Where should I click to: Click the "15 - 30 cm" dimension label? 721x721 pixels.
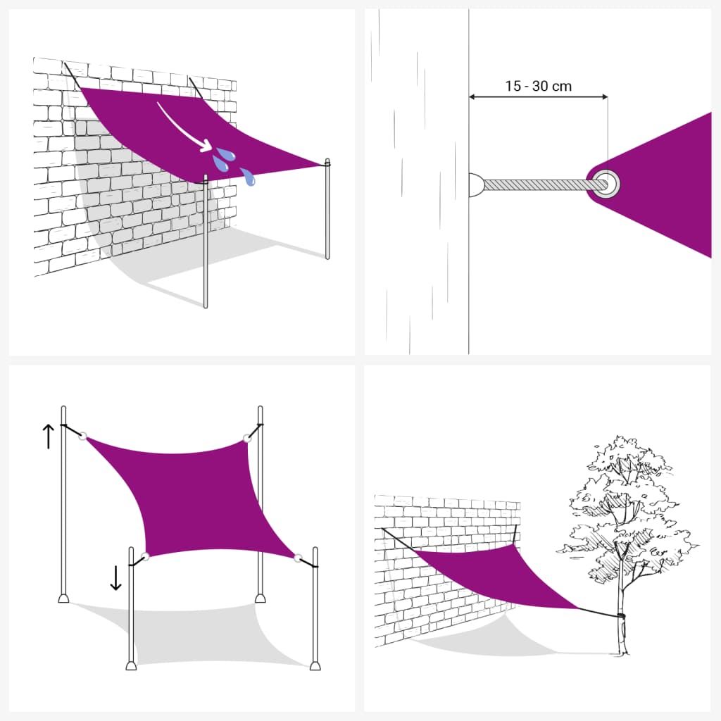tap(538, 87)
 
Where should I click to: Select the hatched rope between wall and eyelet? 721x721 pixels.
tap(535, 184)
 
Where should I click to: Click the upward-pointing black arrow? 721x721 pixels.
tap(48, 436)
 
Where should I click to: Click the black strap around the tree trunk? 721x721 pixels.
tap(620, 617)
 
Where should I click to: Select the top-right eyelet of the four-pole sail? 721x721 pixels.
tap(247, 439)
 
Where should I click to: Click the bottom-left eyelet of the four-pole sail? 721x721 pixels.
tap(146, 556)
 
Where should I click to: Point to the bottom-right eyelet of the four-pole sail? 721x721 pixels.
tap(299, 558)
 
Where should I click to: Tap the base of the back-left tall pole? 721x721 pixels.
tap(63, 599)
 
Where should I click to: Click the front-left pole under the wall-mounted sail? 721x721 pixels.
tap(206, 246)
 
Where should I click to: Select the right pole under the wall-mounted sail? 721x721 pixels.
tap(327, 211)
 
